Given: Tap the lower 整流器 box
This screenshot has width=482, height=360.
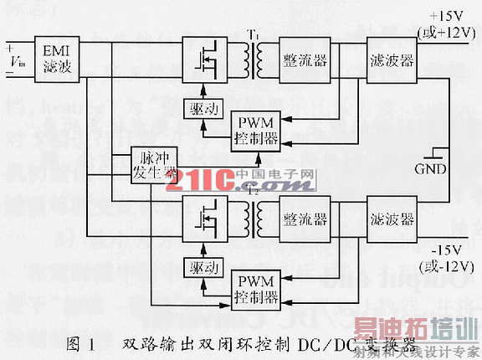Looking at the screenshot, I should (x=305, y=219).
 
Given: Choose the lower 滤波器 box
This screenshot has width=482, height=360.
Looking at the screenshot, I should (x=392, y=219).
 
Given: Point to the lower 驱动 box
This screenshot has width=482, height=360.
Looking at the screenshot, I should (x=201, y=268).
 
